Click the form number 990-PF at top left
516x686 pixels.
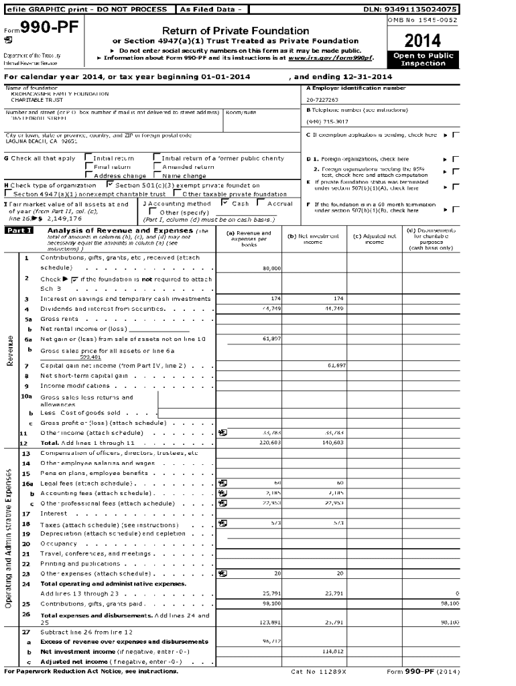(34, 28)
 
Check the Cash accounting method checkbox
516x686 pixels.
(225, 203)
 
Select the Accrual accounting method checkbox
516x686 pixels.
(262, 203)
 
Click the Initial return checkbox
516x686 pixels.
(88, 158)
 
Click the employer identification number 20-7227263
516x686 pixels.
(322, 100)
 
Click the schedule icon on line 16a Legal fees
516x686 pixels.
(222, 482)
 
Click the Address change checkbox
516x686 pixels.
(88, 176)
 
